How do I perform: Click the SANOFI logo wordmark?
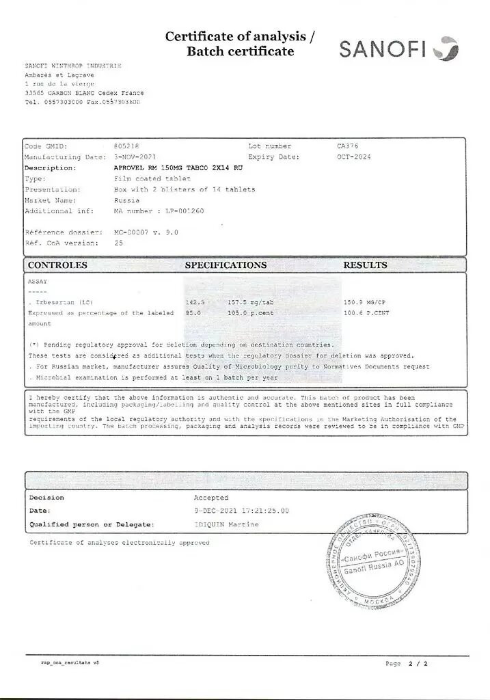(383, 49)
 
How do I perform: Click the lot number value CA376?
(347, 146)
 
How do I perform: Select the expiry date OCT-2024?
(353, 157)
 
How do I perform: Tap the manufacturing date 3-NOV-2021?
(135, 157)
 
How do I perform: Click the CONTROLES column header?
(57, 265)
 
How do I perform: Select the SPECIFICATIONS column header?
(226, 265)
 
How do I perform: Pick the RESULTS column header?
(365, 265)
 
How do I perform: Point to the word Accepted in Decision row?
(211, 498)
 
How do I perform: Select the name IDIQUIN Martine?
(226, 524)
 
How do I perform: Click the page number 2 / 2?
(418, 664)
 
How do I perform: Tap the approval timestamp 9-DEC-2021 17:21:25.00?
(241, 511)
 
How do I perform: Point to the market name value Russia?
(126, 200)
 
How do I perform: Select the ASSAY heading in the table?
(38, 281)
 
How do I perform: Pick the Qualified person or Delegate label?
(91, 524)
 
